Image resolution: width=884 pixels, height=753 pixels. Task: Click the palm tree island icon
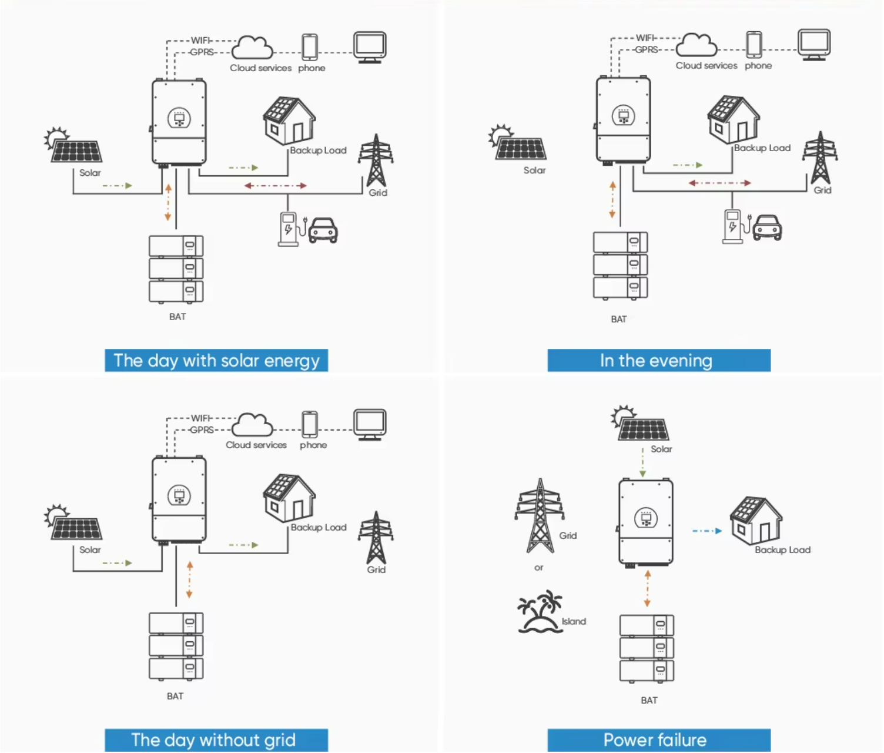[x=540, y=611]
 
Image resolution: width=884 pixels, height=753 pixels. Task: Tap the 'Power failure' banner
[x=659, y=739]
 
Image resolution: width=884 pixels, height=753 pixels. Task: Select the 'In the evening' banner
[x=659, y=361]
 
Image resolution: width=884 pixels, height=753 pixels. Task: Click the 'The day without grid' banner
[x=216, y=739]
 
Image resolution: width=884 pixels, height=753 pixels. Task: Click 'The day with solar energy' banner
[x=216, y=361]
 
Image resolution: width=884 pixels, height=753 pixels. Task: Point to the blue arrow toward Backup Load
[x=707, y=531]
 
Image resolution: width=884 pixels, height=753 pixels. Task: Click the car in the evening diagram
[x=767, y=227]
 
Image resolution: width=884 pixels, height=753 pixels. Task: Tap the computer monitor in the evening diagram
[x=814, y=45]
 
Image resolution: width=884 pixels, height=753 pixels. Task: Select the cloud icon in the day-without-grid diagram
[x=252, y=425]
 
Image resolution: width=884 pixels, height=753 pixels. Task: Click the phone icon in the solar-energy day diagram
[x=310, y=47]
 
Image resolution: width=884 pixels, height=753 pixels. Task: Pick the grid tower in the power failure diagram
[x=540, y=515]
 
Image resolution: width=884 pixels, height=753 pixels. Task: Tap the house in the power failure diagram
[x=756, y=520]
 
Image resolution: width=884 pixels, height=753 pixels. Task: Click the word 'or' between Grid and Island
[x=538, y=568]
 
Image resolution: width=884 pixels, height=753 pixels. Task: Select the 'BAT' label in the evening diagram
[x=618, y=319]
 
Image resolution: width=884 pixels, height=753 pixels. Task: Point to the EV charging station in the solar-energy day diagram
[x=289, y=229]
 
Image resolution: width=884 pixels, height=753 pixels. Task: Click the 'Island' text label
[x=574, y=621]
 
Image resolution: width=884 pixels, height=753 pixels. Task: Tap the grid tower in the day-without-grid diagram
[x=376, y=537]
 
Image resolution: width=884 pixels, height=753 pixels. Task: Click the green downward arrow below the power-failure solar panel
[x=642, y=463]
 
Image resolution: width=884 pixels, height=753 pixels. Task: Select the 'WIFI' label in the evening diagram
[x=645, y=38]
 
